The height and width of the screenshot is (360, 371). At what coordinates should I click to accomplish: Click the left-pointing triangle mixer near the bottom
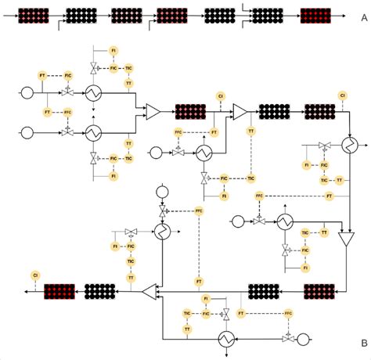coord(149,292)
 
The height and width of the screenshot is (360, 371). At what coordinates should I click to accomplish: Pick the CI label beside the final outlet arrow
coord(35,275)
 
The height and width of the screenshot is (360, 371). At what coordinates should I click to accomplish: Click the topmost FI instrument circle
coord(113,51)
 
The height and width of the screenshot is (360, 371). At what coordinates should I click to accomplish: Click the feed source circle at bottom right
coord(301,339)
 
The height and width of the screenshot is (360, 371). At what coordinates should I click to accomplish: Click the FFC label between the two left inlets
coord(68,112)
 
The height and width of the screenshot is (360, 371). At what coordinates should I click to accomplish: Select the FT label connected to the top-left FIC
coord(42,74)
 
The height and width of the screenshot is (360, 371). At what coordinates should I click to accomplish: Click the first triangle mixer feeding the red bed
coord(153,111)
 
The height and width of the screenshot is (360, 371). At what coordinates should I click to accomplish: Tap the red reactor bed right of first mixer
coord(190,111)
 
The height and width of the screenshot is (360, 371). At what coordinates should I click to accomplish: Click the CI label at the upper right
coord(342,95)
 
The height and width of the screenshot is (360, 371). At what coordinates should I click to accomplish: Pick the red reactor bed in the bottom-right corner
coord(319,292)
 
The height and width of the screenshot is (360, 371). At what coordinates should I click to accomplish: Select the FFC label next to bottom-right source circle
coord(288,312)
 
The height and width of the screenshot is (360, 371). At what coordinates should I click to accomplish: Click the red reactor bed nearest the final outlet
coord(59,292)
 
